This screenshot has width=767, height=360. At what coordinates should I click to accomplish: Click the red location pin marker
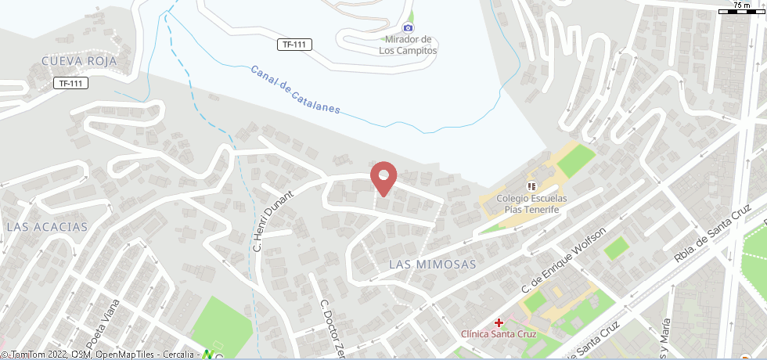coord(383,178)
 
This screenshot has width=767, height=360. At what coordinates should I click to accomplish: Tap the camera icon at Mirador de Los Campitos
coord(408,28)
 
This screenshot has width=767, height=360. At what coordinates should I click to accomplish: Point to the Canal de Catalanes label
coord(295,89)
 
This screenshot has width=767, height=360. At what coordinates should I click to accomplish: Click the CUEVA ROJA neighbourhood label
coord(79,61)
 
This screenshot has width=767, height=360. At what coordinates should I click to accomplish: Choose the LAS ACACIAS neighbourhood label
coord(46,226)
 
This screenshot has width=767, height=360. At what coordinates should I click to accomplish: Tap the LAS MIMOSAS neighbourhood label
coord(432,265)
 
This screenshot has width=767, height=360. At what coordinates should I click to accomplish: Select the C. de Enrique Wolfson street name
coord(564,261)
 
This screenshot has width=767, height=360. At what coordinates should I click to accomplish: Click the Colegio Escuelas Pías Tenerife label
coord(531,204)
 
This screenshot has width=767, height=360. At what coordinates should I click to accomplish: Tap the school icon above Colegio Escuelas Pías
coord(531,186)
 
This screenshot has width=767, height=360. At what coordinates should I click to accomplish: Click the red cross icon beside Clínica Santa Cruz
coord(499,322)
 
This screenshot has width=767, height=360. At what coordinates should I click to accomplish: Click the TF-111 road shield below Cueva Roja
coord(70,83)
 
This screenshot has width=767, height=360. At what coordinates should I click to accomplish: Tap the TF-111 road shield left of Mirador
coord(294,45)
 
